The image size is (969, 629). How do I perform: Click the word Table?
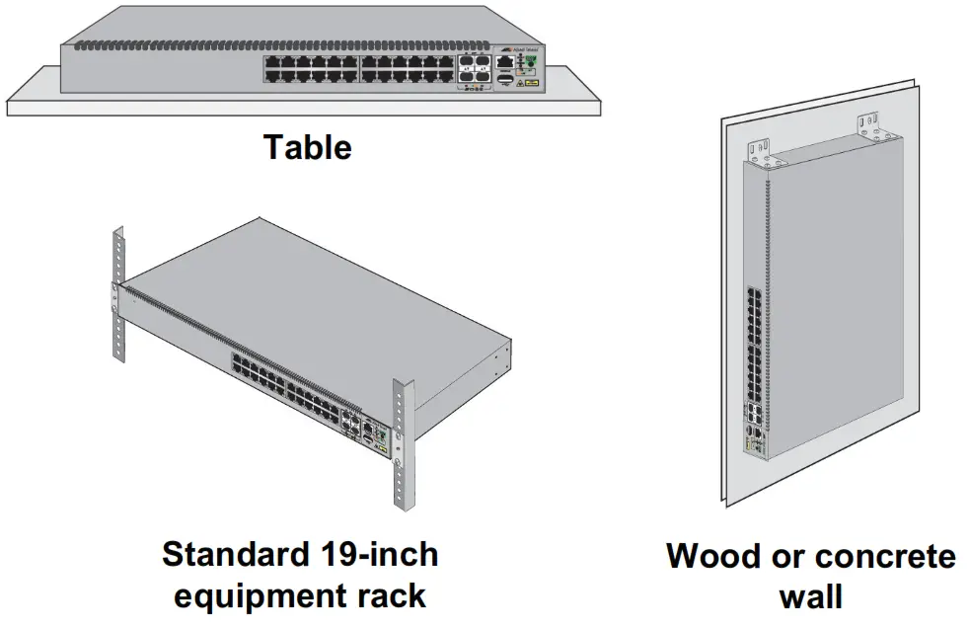coord(307,148)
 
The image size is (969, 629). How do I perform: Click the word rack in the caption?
coord(392,595)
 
